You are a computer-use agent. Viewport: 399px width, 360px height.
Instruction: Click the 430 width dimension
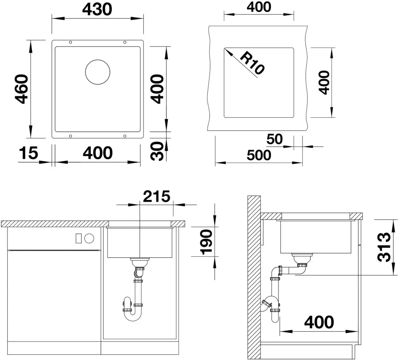[97, 9]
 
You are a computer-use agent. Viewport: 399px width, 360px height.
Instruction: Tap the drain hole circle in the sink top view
[98, 72]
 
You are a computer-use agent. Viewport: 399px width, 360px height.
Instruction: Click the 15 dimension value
[28, 153]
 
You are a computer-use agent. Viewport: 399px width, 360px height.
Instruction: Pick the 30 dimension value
[158, 151]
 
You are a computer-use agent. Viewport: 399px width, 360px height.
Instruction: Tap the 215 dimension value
[156, 196]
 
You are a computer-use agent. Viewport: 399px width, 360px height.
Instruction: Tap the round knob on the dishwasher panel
[89, 238]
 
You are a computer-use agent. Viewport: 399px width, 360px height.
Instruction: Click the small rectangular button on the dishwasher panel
[79, 238]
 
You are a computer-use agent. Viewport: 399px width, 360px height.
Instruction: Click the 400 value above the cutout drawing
[258, 7]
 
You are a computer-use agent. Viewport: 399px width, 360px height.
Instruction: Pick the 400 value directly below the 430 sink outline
[98, 153]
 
